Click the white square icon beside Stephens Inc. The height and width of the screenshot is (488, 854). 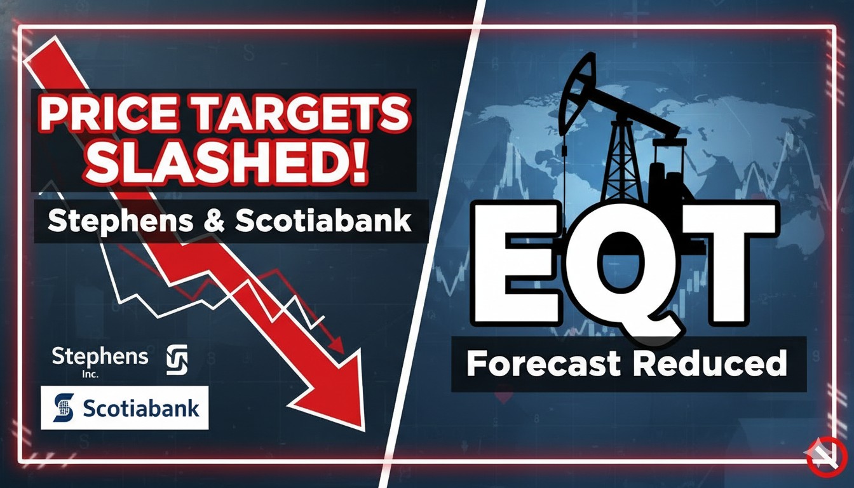tap(177, 360)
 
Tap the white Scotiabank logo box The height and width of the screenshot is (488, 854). tap(125, 407)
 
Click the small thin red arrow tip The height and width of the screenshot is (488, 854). tap(339, 347)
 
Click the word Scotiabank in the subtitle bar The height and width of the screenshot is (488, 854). tap(323, 222)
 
